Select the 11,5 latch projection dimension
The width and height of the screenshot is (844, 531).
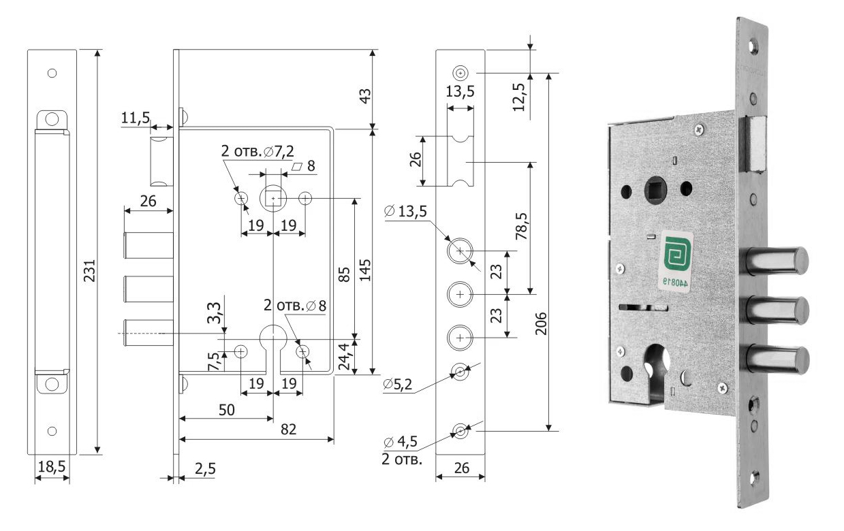point(136,118)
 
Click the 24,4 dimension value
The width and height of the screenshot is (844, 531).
point(345,355)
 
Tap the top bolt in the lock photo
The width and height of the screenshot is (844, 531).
point(777,260)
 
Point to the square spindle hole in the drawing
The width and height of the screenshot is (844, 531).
point(273,198)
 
